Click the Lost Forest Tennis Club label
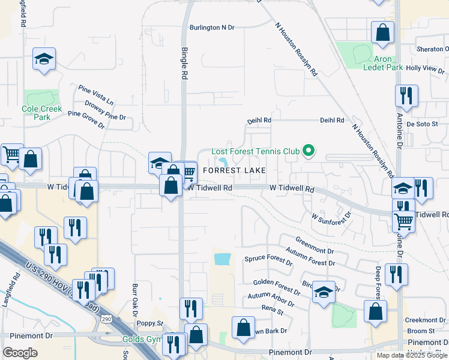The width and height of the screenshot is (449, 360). (x=256, y=151)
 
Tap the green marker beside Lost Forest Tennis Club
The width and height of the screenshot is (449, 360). (x=309, y=150)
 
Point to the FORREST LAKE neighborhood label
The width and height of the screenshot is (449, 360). (x=234, y=171)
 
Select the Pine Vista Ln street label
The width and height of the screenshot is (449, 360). (x=96, y=95)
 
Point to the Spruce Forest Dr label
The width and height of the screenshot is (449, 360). (x=268, y=261)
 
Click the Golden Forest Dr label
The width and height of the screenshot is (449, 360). (x=276, y=286)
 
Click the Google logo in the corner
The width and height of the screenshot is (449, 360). (x=20, y=352)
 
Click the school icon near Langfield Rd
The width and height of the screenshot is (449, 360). (x=44, y=59)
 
